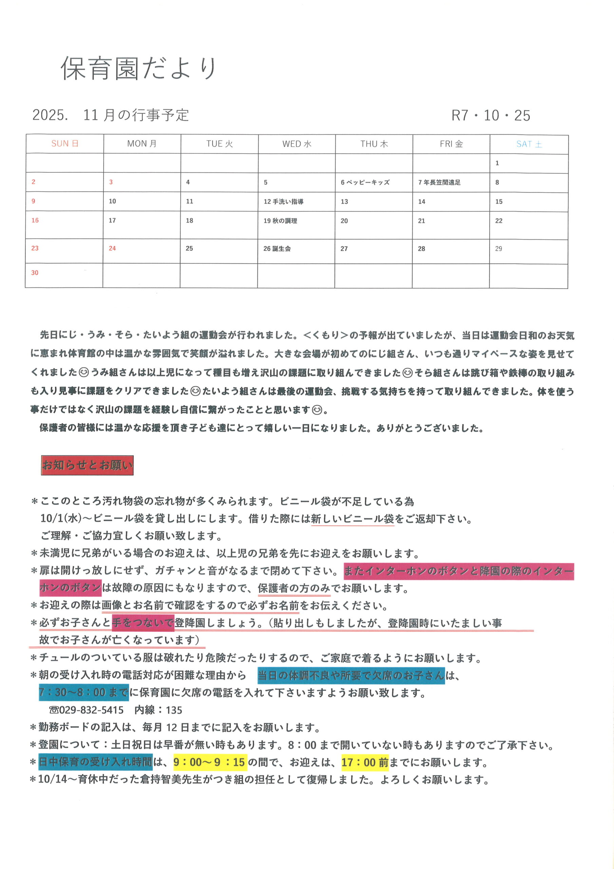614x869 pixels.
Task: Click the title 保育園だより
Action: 138,69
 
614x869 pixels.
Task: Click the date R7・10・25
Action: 490,115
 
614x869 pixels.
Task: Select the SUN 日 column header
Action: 65,144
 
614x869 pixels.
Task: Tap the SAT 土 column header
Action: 529,144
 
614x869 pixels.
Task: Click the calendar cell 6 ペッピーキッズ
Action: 365,182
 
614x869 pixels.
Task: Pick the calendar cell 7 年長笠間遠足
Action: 439,182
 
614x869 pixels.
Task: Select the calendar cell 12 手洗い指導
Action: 283,202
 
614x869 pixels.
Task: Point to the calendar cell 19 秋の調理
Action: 280,221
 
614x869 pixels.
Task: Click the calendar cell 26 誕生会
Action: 277,249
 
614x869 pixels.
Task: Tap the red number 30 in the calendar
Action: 35,273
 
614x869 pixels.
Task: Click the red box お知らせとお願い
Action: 88,465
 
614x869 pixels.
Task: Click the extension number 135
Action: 174,710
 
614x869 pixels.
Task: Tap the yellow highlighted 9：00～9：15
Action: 210,762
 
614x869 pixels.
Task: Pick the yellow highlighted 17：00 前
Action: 365,762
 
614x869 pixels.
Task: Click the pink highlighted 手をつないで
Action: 142,623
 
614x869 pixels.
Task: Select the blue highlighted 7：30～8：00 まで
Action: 83,692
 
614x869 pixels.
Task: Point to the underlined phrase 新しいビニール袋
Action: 352,519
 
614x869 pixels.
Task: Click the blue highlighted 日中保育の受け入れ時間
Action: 95,762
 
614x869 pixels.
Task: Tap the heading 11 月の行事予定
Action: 136,115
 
